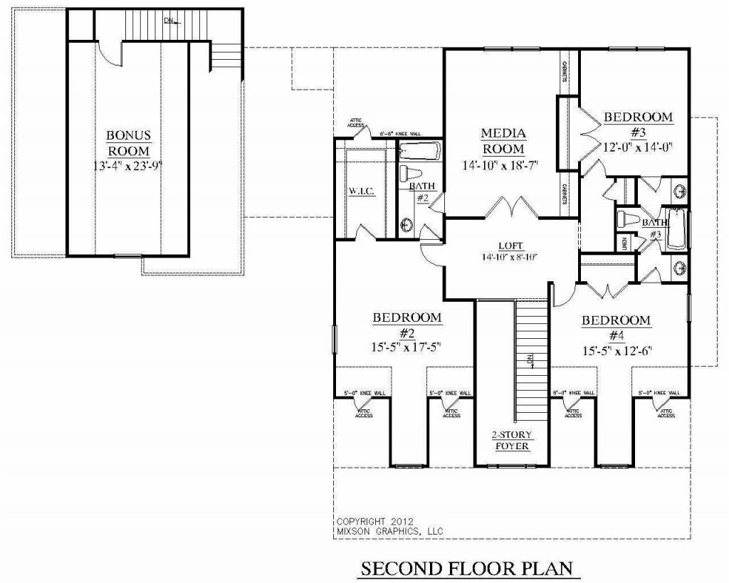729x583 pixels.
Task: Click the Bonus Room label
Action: [128, 142]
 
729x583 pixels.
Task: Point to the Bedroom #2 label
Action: [407, 325]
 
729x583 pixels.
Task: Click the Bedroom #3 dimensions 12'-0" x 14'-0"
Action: [638, 147]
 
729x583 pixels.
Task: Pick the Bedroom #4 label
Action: [616, 327]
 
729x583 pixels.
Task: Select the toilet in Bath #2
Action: [407, 174]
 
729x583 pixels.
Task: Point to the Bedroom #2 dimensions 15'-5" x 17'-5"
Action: [407, 347]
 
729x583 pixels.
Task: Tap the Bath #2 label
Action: [419, 192]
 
